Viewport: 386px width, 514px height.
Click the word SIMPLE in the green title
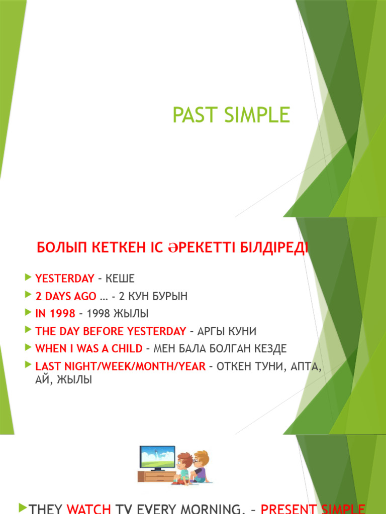click(257, 115)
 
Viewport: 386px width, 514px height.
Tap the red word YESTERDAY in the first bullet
click(65, 278)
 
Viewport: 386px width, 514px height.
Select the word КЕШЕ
click(120, 278)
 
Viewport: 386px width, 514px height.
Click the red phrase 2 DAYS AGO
click(66, 296)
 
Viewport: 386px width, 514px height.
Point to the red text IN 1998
click(55, 313)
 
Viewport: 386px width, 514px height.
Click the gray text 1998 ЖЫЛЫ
click(118, 313)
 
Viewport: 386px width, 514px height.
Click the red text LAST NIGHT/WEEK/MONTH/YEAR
click(120, 366)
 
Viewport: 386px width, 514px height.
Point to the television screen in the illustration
click(157, 457)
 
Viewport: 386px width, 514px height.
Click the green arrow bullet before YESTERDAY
click(28, 277)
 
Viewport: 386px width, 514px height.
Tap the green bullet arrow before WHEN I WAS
click(28, 347)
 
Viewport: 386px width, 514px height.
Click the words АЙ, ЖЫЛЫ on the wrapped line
click(63, 380)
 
